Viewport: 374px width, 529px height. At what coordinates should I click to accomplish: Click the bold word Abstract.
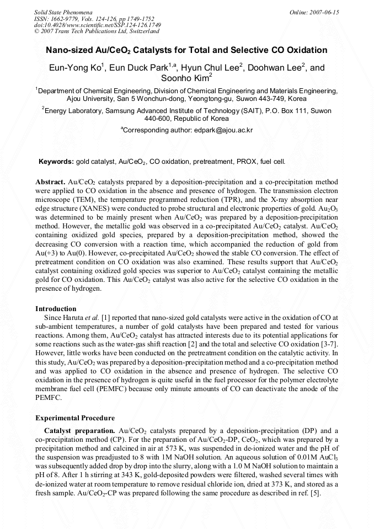pos(50,181)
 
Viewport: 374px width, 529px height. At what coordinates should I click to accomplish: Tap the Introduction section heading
pos(56,308)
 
